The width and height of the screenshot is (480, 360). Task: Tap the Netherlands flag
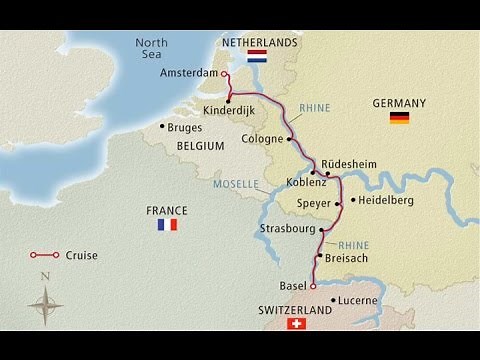[x=257, y=58]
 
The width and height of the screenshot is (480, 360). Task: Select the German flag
[x=399, y=118]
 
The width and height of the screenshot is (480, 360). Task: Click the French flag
[x=166, y=225]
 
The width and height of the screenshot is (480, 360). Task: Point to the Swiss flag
[x=295, y=324]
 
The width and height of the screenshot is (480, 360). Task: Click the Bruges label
[x=186, y=127]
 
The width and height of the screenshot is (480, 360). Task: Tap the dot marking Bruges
[x=162, y=126]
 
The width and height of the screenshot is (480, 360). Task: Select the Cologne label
[x=263, y=139]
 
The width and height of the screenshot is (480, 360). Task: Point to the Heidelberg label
[x=386, y=201]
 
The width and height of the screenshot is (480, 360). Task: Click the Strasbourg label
[x=287, y=228]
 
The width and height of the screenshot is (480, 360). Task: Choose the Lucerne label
[x=357, y=299]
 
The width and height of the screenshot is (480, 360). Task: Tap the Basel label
[x=292, y=286]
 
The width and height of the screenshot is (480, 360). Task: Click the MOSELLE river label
[x=236, y=184]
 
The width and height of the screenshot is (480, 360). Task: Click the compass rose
[x=45, y=300]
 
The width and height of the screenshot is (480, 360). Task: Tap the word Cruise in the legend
[x=81, y=255]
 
